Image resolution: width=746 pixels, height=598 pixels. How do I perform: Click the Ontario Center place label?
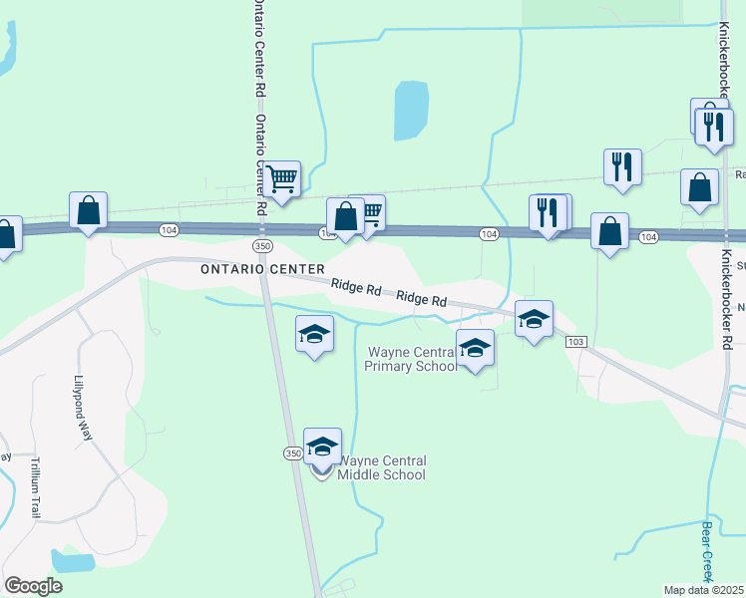tap(262, 269)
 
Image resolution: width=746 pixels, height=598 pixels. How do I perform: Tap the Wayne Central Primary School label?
tap(411, 359)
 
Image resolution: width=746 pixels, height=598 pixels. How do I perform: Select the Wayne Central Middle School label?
tap(384, 467)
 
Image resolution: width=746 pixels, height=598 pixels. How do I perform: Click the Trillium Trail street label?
tap(34, 487)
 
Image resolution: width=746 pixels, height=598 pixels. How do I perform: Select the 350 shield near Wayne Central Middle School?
tap(292, 453)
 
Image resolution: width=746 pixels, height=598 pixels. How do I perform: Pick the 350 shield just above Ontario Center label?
tap(262, 245)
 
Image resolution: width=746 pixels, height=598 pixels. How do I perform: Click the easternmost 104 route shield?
tap(648, 236)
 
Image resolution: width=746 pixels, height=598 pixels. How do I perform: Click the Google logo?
tap(33, 586)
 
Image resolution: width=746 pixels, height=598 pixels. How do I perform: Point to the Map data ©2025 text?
tap(704, 590)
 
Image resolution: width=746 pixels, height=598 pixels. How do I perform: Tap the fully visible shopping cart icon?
tap(282, 179)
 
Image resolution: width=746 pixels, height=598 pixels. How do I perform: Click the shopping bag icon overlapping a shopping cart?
tap(345, 215)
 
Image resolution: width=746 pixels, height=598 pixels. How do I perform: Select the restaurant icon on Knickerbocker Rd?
tap(714, 127)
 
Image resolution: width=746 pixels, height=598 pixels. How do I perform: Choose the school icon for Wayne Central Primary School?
tap(476, 349)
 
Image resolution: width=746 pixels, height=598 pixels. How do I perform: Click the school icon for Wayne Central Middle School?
tap(322, 448)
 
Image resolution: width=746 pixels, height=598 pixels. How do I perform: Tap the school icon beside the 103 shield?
tap(535, 320)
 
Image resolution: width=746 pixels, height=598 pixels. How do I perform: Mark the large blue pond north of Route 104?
tap(409, 110)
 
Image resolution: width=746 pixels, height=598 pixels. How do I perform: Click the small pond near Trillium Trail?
tap(73, 560)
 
